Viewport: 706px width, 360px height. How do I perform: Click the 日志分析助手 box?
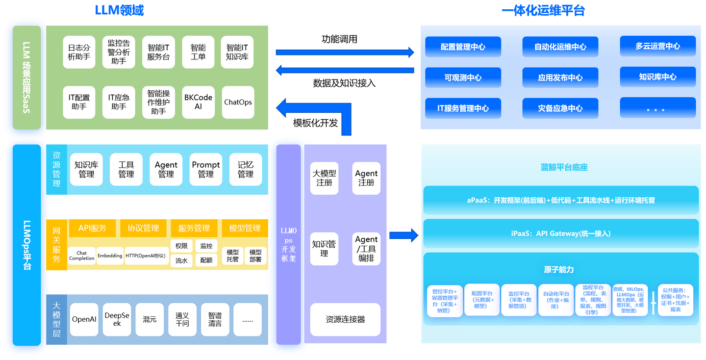coord(79,52)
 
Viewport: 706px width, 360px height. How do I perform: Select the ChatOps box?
coord(238,102)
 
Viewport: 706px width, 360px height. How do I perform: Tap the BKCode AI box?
coord(198,102)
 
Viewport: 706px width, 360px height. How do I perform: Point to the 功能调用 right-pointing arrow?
coord(345,52)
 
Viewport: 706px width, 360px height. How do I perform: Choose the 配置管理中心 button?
coord(463,47)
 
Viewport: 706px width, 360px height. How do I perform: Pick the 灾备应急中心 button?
coord(560,108)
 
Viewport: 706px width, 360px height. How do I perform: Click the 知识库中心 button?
coord(658,77)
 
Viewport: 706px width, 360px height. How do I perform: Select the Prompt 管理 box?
coord(206,169)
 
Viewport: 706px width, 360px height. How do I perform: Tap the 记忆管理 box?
coord(246,169)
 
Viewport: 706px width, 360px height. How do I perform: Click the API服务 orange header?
coord(92,228)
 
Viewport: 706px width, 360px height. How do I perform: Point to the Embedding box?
coord(110,256)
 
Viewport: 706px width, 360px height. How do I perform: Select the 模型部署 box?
coord(255,256)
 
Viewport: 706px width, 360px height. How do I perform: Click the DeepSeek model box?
coord(117,319)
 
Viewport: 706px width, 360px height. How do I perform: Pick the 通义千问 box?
coord(182,319)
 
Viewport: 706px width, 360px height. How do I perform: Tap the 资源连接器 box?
coord(345,319)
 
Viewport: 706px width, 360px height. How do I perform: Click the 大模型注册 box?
coord(325,178)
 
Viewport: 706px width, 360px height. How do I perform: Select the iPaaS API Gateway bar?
coord(561,233)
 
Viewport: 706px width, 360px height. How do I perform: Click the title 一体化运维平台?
coord(543,10)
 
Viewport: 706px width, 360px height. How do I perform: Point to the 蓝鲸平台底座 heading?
coord(564,167)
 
